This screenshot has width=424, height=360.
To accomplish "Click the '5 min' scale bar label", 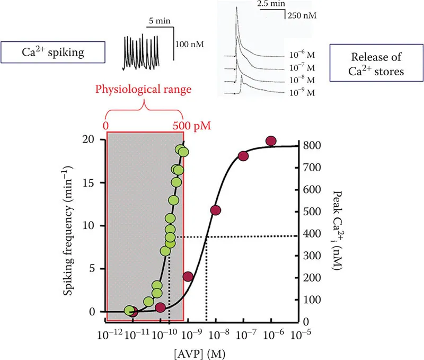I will click(157, 22).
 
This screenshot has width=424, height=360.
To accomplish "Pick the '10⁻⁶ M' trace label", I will click(300, 55).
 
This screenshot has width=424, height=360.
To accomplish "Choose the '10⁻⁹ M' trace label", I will click(300, 93).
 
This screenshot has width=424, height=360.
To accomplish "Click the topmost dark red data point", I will click(271, 141).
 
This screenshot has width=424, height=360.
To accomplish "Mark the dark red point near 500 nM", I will click(215, 210).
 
